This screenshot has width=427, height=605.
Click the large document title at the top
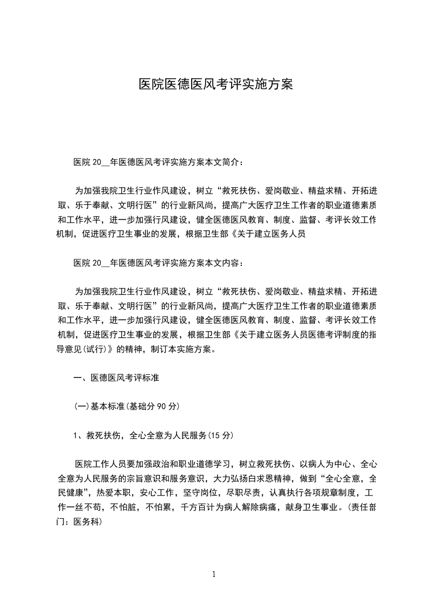coord(215,84)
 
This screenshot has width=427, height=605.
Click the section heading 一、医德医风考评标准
coord(116,379)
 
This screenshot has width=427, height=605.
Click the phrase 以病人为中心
coord(324,464)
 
